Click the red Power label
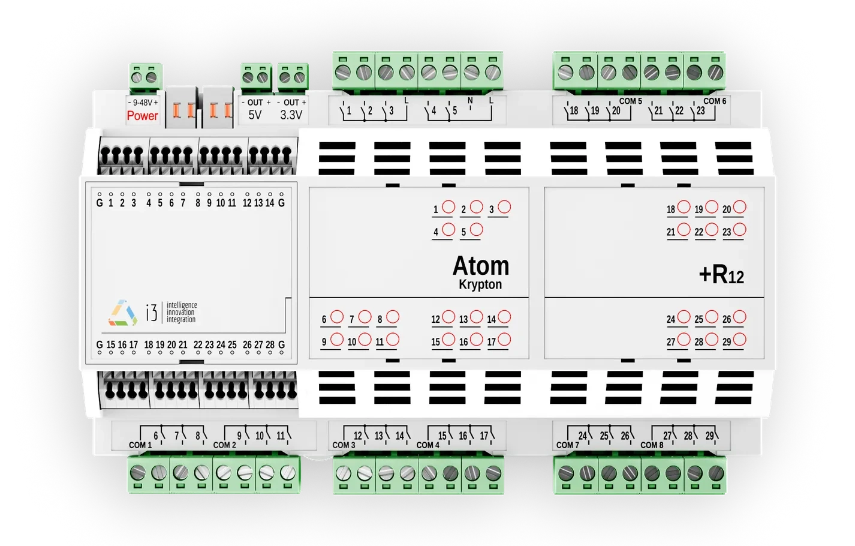[142, 116]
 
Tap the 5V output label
[255, 115]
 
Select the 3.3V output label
[291, 115]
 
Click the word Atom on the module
[480, 265]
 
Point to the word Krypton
[480, 284]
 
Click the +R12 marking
[721, 274]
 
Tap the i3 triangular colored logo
[123, 313]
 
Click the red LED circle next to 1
[448, 207]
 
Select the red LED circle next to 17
[504, 340]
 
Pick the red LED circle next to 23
[740, 230]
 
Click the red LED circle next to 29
[740, 340]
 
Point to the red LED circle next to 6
[337, 317]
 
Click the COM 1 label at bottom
[140, 445]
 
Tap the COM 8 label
[652, 445]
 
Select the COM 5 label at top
[630, 101]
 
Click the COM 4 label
[428, 445]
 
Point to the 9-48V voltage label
[143, 103]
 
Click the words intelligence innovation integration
[181, 313]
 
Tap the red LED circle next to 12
[448, 317]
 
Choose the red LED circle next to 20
[740, 207]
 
